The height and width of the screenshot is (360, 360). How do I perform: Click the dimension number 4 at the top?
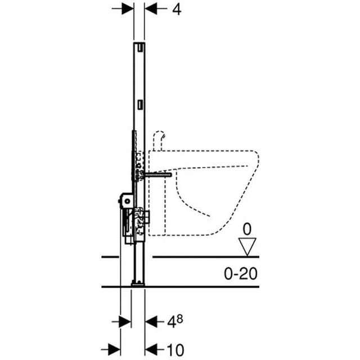pyautogui.click(x=177, y=10)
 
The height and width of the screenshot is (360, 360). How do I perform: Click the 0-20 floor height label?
pyautogui.click(x=241, y=273)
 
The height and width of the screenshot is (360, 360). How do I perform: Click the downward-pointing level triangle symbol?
pyautogui.click(x=246, y=245)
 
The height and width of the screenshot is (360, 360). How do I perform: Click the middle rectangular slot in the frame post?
pyautogui.click(x=139, y=105)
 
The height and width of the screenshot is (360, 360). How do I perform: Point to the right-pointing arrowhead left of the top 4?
pyautogui.click(x=129, y=9)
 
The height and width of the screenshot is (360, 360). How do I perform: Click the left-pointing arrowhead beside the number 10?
pyautogui.click(x=151, y=348)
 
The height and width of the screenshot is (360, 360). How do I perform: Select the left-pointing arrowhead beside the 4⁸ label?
pyautogui.click(x=151, y=321)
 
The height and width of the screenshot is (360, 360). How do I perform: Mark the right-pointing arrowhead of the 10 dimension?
pyautogui.click(x=115, y=348)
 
